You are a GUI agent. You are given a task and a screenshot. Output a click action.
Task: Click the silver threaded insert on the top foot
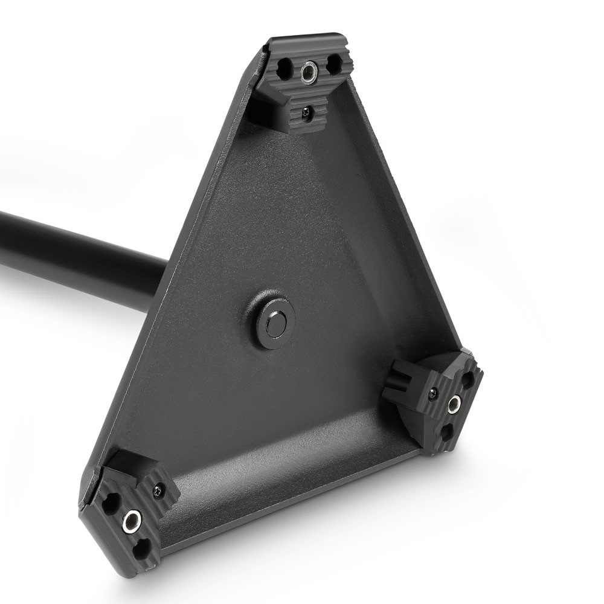pyautogui.click(x=309, y=72)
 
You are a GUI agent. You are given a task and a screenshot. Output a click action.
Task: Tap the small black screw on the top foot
pyautogui.click(x=307, y=111)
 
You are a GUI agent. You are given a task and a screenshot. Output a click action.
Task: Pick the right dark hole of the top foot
pyautogui.click(x=333, y=63)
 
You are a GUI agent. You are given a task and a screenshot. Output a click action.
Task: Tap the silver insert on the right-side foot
pyautogui.click(x=454, y=405)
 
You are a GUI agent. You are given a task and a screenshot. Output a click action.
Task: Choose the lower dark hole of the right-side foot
pyautogui.click(x=446, y=431)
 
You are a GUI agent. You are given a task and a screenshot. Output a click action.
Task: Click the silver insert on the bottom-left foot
pyautogui.click(x=131, y=521)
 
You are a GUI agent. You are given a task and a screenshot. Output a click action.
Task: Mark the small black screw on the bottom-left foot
pyautogui.click(x=158, y=489)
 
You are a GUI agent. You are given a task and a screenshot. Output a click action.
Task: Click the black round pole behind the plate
pyautogui.click(x=72, y=254)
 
